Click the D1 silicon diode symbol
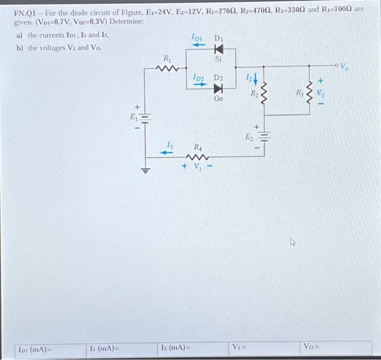point(219,49)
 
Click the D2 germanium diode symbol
point(218,89)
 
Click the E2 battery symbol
point(265,136)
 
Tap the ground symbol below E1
point(145,172)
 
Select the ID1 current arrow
point(197,46)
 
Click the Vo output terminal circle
point(337,66)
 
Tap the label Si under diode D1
point(219,59)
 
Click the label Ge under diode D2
point(218,100)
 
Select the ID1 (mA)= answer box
point(49,348)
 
